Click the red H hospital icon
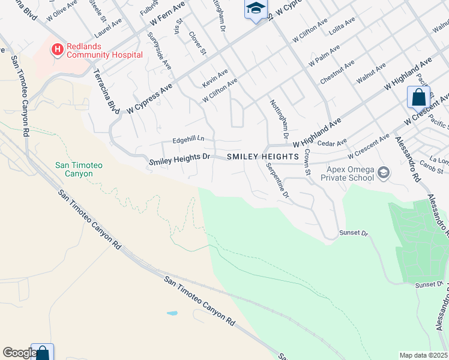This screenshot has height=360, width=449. pos(58,49)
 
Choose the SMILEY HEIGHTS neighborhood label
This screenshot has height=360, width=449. pos(263,157)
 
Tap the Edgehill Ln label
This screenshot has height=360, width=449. pos(188,140)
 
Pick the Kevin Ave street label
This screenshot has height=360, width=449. pos(215,76)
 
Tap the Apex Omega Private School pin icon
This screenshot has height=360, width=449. pos(384,174)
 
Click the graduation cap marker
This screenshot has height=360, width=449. pos(256,8)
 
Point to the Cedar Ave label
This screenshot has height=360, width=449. pos(333,143)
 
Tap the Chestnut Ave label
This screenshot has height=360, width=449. pos(337,71)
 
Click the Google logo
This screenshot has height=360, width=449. pos(19,353)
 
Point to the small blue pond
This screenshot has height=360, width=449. pos(172,313)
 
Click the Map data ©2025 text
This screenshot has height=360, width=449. pos(423,355)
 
